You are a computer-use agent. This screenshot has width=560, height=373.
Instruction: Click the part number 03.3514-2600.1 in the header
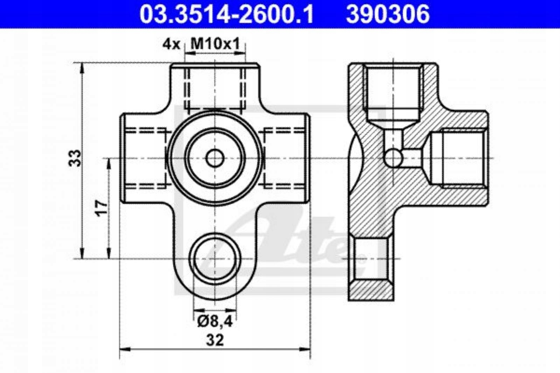(x=226, y=14)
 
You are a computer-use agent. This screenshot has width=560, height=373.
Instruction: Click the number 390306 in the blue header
(x=388, y=14)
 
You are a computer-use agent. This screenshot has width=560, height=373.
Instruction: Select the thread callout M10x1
(x=215, y=44)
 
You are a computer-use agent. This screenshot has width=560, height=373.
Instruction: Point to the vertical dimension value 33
(x=75, y=158)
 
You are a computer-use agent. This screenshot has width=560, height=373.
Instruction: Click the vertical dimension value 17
(x=101, y=208)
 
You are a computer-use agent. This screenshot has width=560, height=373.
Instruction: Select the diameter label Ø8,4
(x=215, y=321)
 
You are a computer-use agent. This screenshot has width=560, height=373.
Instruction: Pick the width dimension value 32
(x=215, y=340)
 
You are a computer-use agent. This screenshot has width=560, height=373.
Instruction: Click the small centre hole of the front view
(x=215, y=158)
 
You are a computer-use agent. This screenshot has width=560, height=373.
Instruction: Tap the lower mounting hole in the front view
(x=215, y=259)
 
